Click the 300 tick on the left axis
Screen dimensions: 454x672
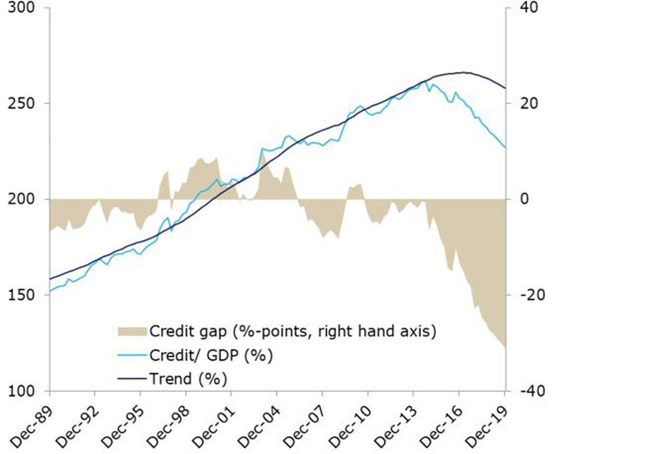(21, 8)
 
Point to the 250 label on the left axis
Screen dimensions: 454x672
(21, 103)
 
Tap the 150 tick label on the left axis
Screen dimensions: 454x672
(21, 295)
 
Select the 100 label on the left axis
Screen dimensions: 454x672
(21, 391)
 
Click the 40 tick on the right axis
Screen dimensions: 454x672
(528, 8)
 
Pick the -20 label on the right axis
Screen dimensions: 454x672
(532, 295)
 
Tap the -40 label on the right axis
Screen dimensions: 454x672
(532, 391)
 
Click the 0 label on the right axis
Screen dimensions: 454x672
(524, 199)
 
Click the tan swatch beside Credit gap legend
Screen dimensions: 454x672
(132, 331)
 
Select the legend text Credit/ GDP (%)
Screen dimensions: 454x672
(211, 355)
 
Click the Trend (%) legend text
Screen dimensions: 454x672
(188, 379)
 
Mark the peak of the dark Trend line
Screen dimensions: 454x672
(463, 73)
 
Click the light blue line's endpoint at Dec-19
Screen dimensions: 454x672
(505, 147)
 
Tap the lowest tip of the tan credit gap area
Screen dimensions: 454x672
(505, 347)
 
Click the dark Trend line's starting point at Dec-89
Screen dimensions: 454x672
(50, 279)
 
